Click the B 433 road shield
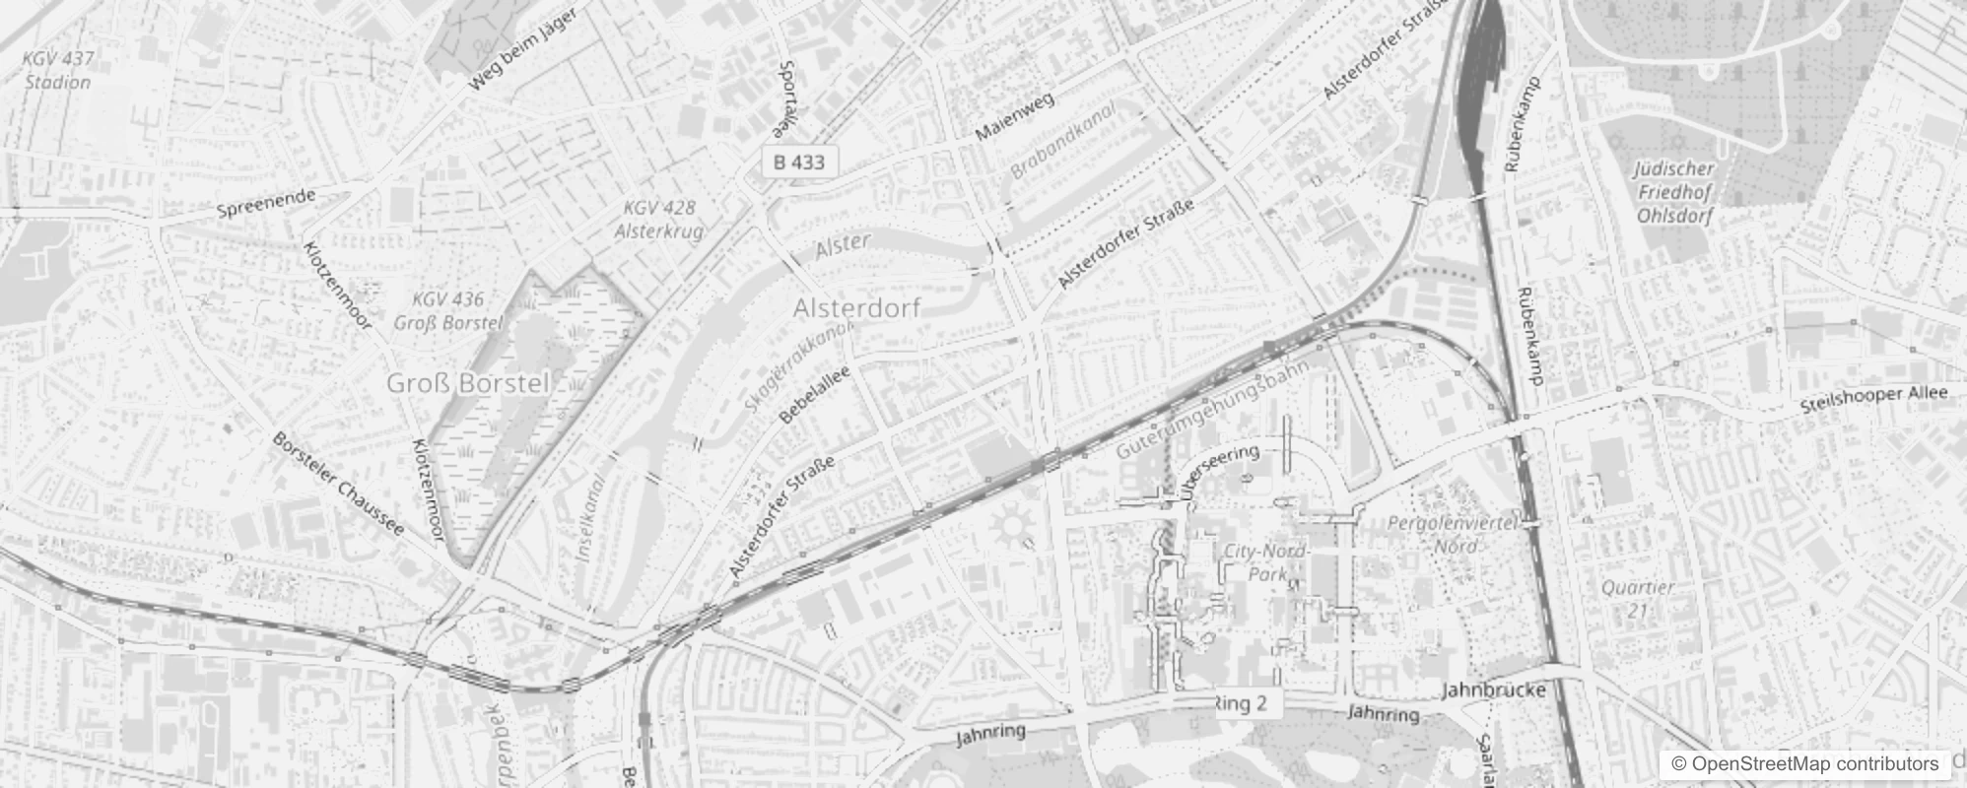click(798, 163)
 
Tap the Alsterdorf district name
click(856, 308)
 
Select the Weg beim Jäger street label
click(520, 46)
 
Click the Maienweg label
click(1014, 115)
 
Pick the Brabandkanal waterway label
click(1062, 141)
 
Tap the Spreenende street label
click(266, 203)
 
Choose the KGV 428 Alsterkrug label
click(659, 220)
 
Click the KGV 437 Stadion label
click(58, 70)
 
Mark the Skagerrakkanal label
click(798, 366)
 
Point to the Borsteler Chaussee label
click(338, 485)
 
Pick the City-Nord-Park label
click(1265, 562)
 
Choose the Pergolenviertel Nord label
click(1454, 534)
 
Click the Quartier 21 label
click(1637, 598)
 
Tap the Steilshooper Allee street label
click(1873, 398)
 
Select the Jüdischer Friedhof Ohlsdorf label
click(1674, 192)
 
